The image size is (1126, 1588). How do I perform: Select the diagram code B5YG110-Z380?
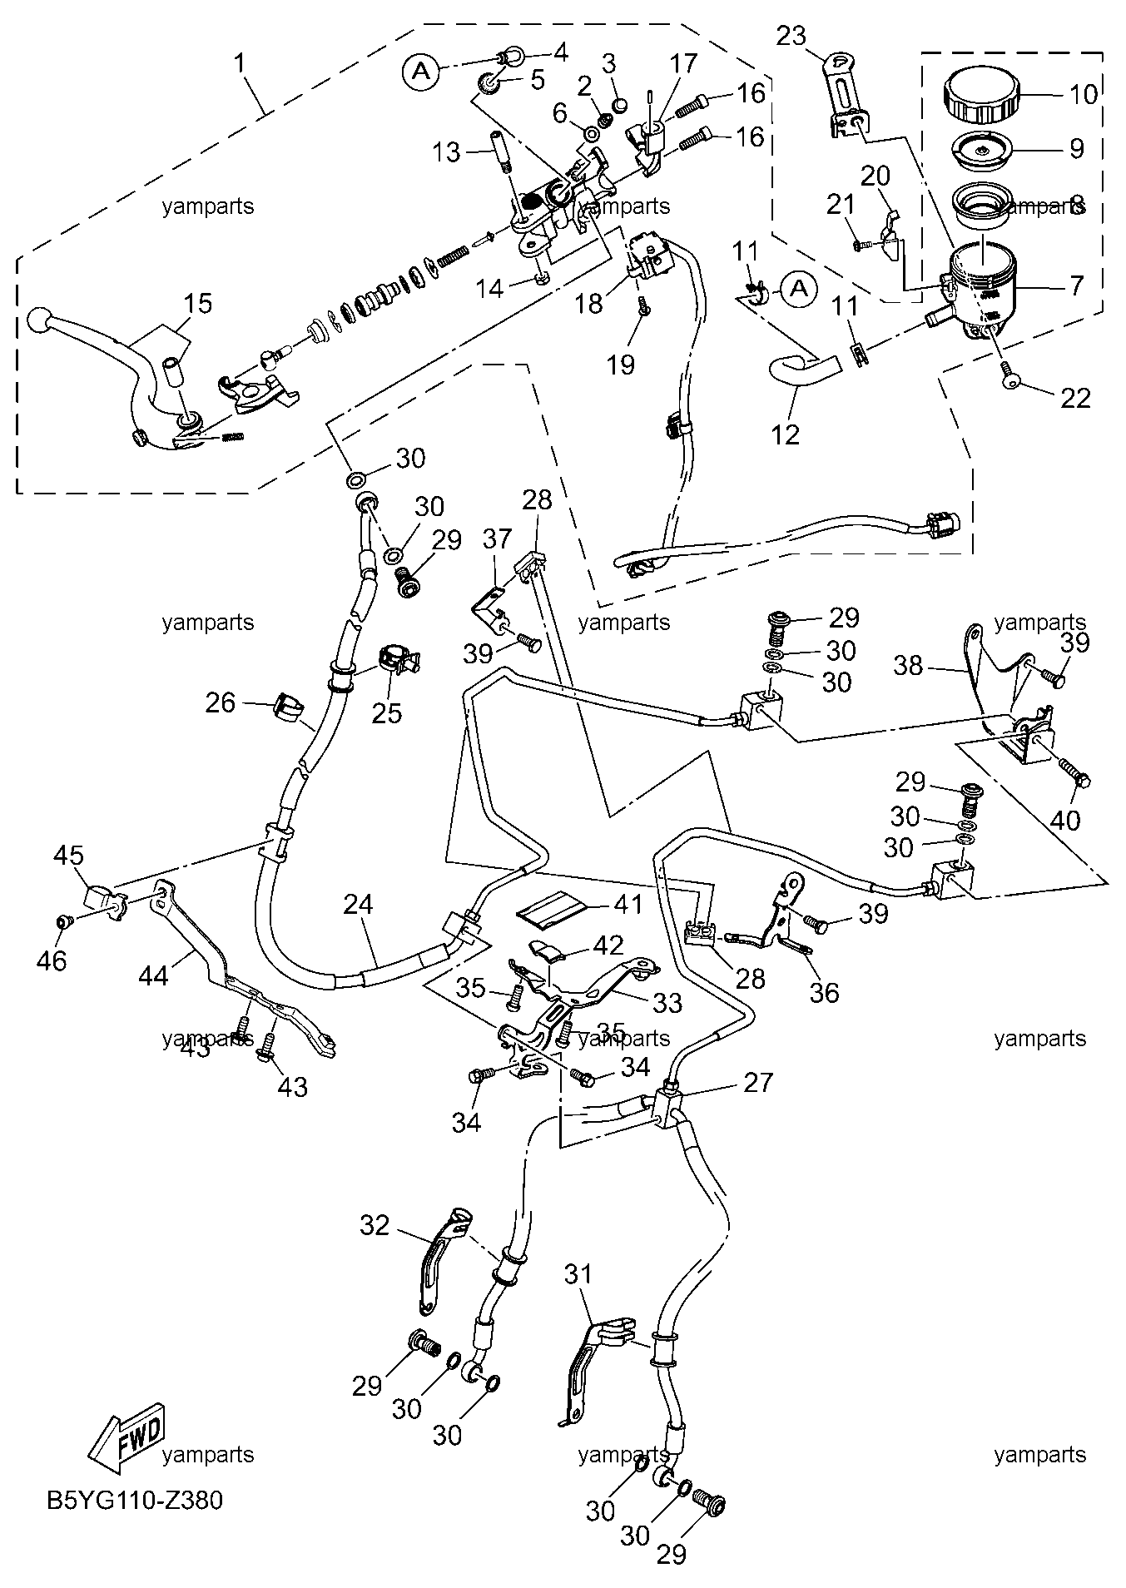135,1501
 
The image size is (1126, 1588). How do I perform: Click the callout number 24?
359,905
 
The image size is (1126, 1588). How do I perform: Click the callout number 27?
758,1082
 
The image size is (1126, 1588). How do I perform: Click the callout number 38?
909,665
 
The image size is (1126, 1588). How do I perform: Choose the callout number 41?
628,903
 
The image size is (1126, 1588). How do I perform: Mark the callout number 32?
375,1225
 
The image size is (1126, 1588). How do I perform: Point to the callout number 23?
791,36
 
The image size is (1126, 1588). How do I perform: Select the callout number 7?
1077,286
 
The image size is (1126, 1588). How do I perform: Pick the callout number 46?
51,960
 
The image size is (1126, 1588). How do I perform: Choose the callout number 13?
446,152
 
